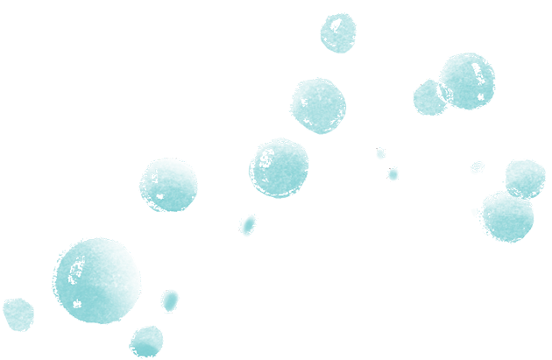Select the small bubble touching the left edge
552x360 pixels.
(x=16, y=313)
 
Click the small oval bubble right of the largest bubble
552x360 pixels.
(x=171, y=301)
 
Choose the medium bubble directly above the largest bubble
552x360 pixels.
(x=168, y=185)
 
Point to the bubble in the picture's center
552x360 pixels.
(x=280, y=166)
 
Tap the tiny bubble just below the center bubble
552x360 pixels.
(x=248, y=225)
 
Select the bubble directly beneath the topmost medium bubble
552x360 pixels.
(x=317, y=105)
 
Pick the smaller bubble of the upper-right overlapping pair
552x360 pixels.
(x=428, y=96)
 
